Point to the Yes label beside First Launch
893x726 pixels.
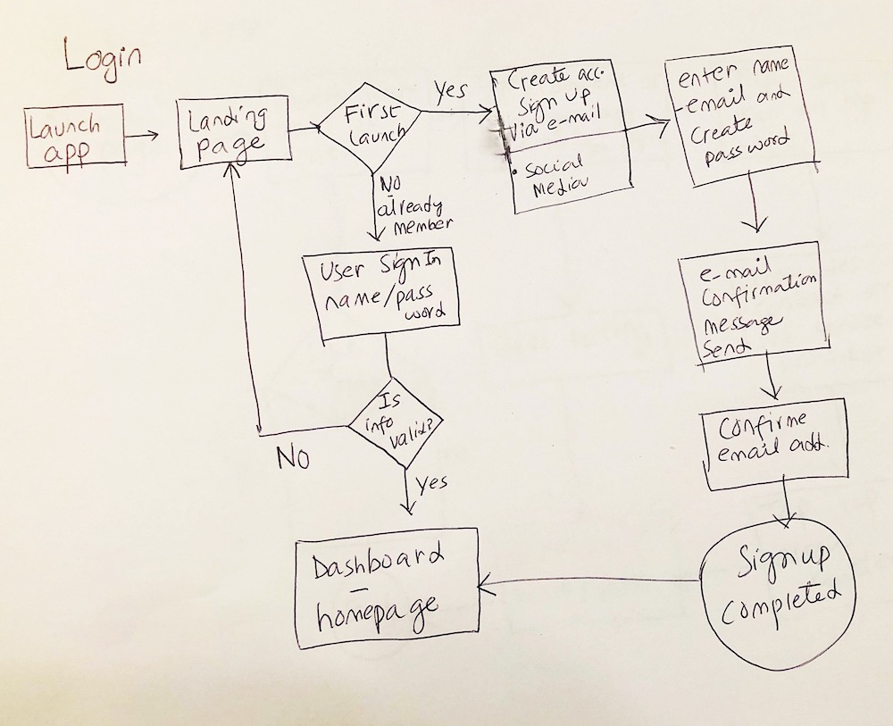pyautogui.click(x=451, y=91)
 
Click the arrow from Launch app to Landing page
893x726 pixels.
pyautogui.click(x=141, y=136)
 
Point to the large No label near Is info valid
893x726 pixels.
pyautogui.click(x=293, y=457)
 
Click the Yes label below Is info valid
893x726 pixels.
pyautogui.click(x=431, y=484)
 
